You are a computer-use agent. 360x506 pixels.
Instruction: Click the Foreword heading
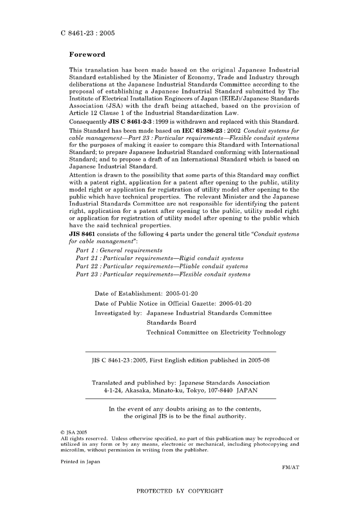tap(87, 55)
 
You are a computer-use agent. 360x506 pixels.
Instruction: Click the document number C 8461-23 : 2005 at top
tap(88, 33)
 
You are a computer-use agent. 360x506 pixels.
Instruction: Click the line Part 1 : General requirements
tap(119, 250)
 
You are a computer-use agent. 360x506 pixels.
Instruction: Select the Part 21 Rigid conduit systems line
tap(160, 258)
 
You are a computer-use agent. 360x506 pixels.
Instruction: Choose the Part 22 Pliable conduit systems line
tap(162, 266)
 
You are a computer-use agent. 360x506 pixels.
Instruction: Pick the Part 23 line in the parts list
tap(163, 275)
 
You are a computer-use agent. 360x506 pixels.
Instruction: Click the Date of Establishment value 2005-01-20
tap(182, 294)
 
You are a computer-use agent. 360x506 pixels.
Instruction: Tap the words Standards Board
tap(171, 323)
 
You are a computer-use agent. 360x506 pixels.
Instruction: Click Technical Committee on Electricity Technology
tap(216, 333)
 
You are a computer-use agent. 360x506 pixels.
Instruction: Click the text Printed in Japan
tap(80, 462)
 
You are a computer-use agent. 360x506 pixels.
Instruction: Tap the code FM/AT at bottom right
tap(290, 467)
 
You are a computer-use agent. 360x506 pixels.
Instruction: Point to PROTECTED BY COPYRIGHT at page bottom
tap(180, 491)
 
